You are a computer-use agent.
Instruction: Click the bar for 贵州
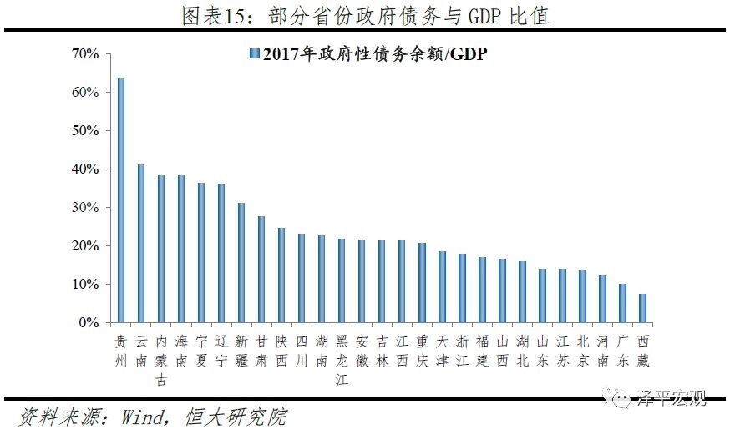121,200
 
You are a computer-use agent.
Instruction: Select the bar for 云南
141,244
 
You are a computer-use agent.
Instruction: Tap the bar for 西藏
642,308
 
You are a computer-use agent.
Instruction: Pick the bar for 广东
622,303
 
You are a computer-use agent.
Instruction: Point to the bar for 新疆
241,263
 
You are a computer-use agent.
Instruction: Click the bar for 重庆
422,283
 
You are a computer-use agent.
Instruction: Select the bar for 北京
582,296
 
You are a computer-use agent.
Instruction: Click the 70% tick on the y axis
85,54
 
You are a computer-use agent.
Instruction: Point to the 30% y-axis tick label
85,208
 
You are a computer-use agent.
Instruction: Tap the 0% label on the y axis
89,323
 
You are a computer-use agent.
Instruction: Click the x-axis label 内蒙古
161,361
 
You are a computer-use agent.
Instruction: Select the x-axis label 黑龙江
342,361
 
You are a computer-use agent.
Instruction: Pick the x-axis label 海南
181,352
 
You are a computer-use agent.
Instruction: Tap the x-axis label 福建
482,352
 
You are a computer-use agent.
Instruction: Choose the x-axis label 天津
442,352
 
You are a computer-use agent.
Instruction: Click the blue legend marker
252,54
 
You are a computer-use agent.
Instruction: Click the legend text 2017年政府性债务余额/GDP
374,54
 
